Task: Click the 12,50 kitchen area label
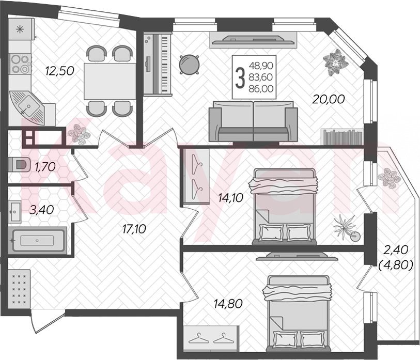click(59, 71)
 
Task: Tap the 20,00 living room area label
click(329, 99)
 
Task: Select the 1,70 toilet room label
click(45, 167)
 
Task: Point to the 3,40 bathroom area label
click(41, 210)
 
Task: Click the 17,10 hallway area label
click(134, 229)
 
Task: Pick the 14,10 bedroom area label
click(230, 198)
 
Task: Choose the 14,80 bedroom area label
click(228, 304)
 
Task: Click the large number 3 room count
click(240, 77)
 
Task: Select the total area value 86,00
click(261, 89)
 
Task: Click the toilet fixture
click(19, 164)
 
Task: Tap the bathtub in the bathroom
click(37, 240)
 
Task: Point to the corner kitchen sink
click(27, 107)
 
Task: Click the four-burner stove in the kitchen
click(20, 64)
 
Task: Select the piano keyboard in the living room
click(157, 64)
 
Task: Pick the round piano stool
click(190, 64)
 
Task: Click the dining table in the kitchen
click(110, 81)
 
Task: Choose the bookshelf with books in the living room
click(342, 137)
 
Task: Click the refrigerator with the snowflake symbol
click(21, 29)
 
